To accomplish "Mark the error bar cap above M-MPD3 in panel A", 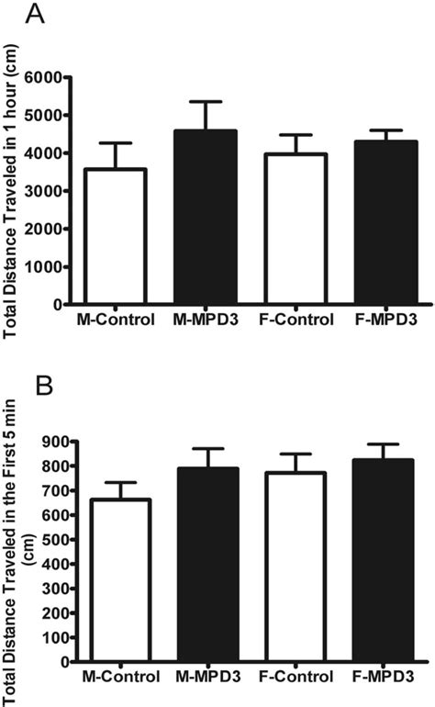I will (x=195, y=101).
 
